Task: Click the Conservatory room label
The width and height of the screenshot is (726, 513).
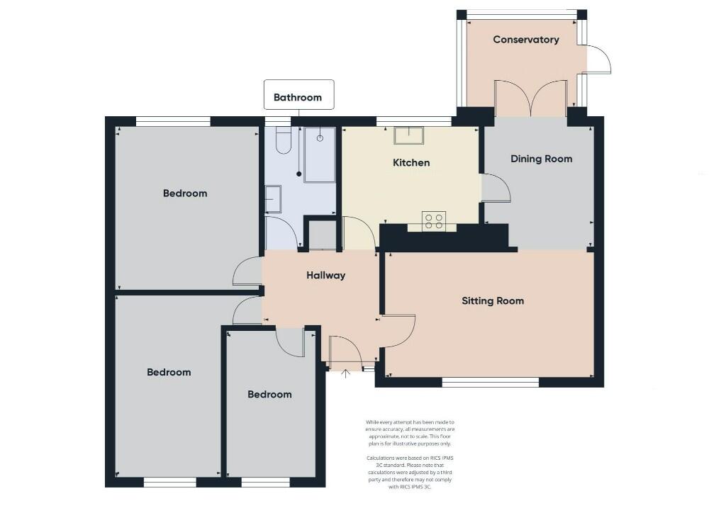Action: click(x=526, y=40)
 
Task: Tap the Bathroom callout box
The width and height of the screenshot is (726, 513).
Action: click(x=298, y=97)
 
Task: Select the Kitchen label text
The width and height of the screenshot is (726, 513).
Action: click(x=411, y=163)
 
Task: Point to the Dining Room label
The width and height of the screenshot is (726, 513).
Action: click(x=541, y=159)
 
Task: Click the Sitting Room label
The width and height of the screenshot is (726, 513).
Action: click(x=493, y=300)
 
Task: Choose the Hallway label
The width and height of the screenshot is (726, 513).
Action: click(x=325, y=275)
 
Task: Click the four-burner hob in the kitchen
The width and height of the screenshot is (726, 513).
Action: click(x=433, y=221)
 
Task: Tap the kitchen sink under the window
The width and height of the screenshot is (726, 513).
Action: click(x=409, y=135)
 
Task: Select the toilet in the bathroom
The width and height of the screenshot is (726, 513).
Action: click(x=282, y=140)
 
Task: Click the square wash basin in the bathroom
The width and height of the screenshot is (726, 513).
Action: click(x=272, y=199)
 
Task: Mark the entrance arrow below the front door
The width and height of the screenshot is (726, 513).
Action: click(x=346, y=373)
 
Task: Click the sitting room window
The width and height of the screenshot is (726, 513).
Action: click(x=491, y=383)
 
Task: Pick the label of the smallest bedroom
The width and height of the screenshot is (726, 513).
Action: click(x=269, y=394)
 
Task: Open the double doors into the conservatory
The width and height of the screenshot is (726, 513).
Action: click(x=530, y=99)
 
